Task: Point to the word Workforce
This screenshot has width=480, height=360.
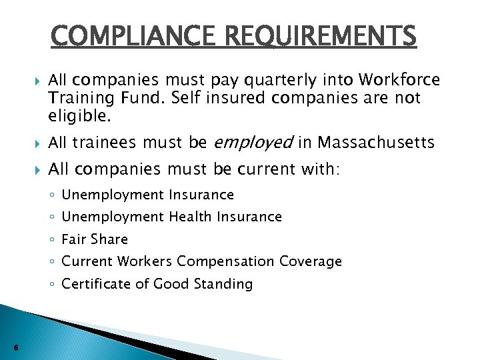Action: pos(399,80)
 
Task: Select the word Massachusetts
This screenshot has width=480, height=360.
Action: pos(377,143)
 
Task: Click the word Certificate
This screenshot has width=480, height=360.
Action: pos(91,284)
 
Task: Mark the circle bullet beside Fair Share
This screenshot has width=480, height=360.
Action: pos(52,239)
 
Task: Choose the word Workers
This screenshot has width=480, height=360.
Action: pos(148,261)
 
